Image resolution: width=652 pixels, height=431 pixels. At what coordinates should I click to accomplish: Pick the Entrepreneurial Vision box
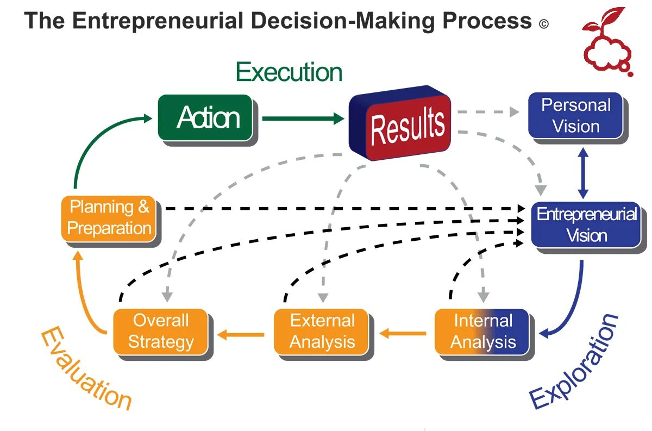[x=586, y=224]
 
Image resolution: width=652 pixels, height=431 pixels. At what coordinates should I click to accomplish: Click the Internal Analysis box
[x=482, y=331]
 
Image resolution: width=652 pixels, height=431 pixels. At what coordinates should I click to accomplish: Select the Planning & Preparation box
[x=109, y=217]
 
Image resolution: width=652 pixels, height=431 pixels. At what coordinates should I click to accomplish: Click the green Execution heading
[x=289, y=72]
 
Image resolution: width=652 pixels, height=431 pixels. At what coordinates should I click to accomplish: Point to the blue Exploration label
[x=575, y=361]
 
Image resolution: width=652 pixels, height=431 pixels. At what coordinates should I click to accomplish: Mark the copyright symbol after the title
[x=544, y=24]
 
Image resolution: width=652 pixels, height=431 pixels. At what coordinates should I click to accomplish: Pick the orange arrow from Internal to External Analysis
[x=403, y=333]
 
